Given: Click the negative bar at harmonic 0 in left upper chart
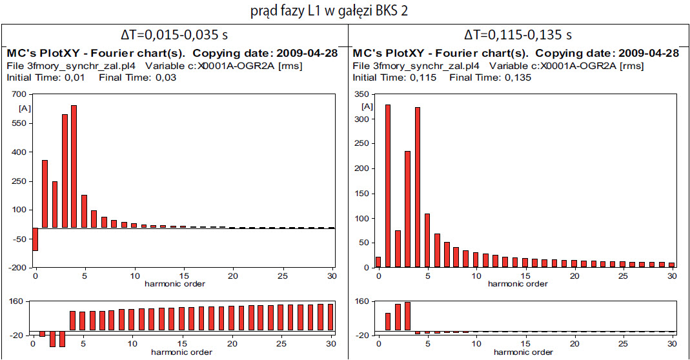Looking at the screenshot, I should click(x=35, y=239).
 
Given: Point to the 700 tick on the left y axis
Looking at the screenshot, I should click(x=17, y=94).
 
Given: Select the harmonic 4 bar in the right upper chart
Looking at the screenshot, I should click(x=418, y=187).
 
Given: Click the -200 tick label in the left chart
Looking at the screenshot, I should click(x=15, y=267).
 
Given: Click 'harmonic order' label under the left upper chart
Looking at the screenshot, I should click(x=174, y=283).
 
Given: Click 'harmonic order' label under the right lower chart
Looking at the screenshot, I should click(x=518, y=352).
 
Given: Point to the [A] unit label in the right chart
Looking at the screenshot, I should click(x=367, y=106).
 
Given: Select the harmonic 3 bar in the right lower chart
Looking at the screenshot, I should click(x=407, y=316).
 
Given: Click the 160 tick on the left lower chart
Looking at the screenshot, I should click(x=17, y=301).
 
